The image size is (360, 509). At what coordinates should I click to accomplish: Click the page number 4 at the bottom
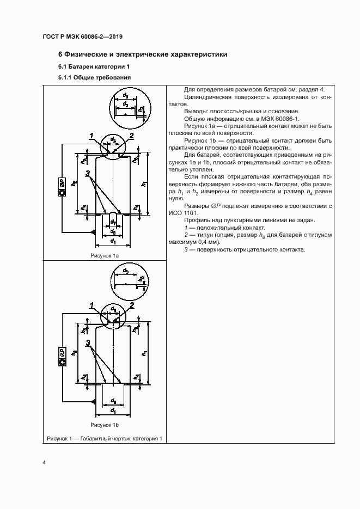tap(44, 463)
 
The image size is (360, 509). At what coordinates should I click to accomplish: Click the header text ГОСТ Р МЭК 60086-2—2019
tap(82, 37)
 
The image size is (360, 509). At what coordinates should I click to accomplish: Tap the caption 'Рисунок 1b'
tap(105, 425)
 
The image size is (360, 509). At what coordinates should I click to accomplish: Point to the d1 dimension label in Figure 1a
tap(112, 240)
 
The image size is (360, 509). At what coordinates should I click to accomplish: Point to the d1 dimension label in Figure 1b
tap(112, 409)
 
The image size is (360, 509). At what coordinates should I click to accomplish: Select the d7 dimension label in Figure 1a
tap(113, 222)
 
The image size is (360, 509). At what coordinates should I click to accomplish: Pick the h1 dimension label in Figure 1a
tap(144, 184)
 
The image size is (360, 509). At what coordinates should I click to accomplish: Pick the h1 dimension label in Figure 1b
tap(144, 353)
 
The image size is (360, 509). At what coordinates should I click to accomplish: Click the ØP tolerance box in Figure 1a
tap(62, 187)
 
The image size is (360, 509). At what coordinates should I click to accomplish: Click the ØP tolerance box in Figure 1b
tap(62, 357)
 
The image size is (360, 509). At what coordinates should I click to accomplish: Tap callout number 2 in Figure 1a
tap(132, 136)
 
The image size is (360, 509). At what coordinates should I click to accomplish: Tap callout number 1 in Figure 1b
tap(93, 304)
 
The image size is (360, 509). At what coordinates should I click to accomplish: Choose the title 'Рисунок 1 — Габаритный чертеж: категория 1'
tap(105, 439)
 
